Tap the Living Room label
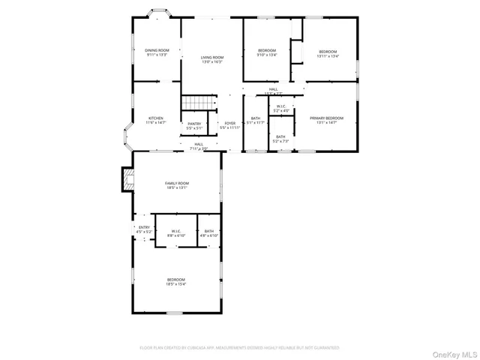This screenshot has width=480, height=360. pyautogui.click(x=212, y=59)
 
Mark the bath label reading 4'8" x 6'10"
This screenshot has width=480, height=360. pyautogui.click(x=208, y=233)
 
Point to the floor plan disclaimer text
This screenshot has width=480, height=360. pyautogui.click(x=240, y=348)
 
